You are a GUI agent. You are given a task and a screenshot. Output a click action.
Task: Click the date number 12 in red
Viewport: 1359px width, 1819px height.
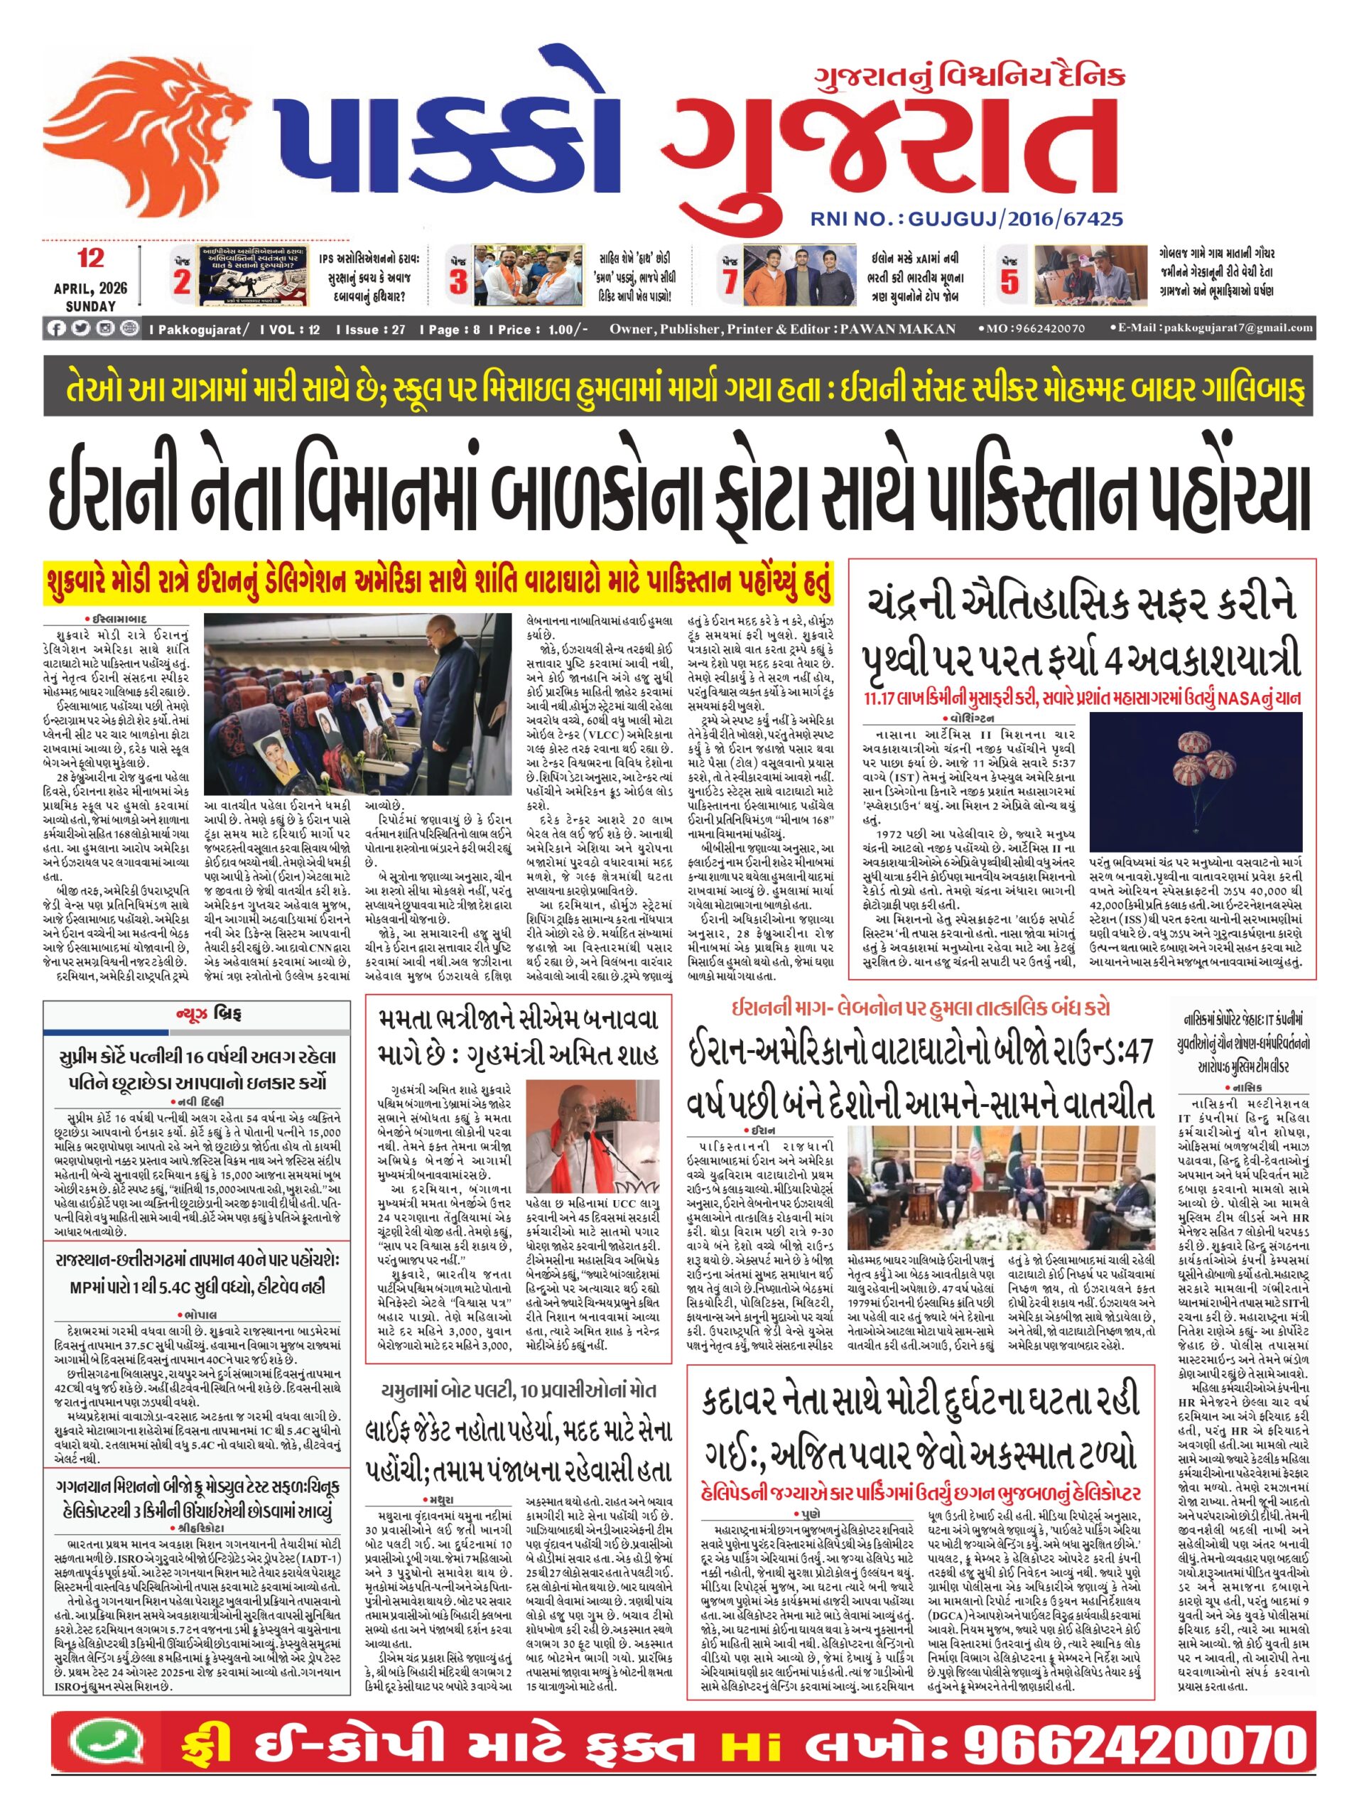90,258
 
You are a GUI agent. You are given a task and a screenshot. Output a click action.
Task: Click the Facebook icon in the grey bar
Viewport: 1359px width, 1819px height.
56,329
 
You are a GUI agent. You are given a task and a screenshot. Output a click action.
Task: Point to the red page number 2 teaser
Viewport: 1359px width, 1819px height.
182,281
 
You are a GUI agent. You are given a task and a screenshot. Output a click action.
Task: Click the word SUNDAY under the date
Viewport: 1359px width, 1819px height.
90,306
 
